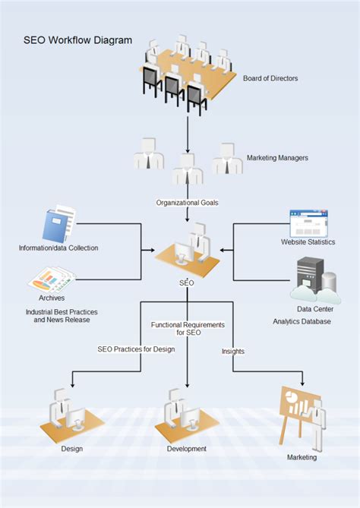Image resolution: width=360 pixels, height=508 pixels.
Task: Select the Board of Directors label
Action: (x=270, y=78)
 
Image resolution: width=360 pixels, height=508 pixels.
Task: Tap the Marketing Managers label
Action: (x=277, y=158)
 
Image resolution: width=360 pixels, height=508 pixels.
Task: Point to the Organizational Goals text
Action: (x=187, y=203)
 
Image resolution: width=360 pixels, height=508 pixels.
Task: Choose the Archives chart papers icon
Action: (x=52, y=281)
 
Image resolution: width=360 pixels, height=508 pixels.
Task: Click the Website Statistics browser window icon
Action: (x=308, y=223)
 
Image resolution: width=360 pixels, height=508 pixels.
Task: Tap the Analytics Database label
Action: (x=302, y=321)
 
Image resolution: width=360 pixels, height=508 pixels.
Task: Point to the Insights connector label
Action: (x=233, y=351)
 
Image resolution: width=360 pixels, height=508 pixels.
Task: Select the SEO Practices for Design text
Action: (x=136, y=349)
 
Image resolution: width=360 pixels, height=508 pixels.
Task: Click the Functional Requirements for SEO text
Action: (x=188, y=329)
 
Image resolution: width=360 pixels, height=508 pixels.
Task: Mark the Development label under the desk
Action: (x=187, y=449)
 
